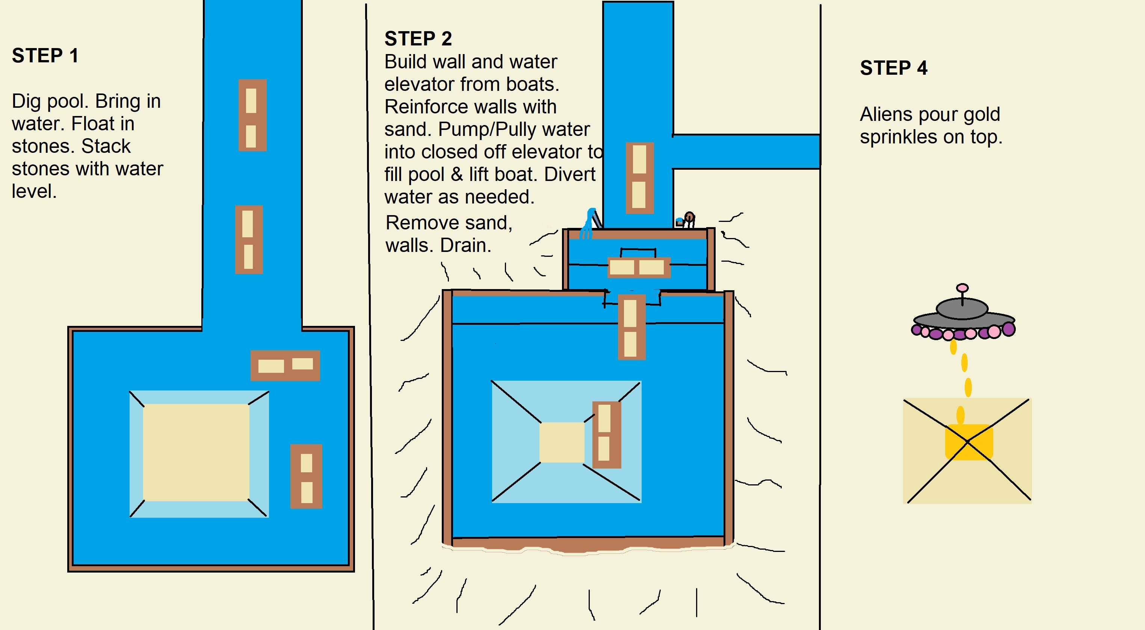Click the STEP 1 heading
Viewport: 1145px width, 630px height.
pyautogui.click(x=45, y=56)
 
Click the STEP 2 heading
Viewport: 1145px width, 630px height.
pyautogui.click(x=418, y=39)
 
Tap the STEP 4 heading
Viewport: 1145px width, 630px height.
pyautogui.click(x=893, y=68)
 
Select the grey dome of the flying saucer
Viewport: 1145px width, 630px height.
pyautogui.click(x=962, y=308)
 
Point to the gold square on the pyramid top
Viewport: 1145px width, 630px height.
pyautogui.click(x=968, y=442)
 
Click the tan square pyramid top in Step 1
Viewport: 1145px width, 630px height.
pyautogui.click(x=196, y=452)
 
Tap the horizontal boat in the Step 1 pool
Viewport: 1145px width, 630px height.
pyautogui.click(x=285, y=365)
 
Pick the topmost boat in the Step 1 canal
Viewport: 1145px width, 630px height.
pyautogui.click(x=252, y=115)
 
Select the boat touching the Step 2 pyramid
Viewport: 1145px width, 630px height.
pyautogui.click(x=606, y=434)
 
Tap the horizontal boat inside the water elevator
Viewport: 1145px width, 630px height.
pyautogui.click(x=638, y=267)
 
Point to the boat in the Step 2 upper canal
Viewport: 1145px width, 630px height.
pyautogui.click(x=639, y=178)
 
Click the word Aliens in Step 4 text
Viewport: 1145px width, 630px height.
pyautogui.click(x=885, y=115)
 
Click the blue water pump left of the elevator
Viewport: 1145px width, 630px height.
pyautogui.click(x=590, y=222)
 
